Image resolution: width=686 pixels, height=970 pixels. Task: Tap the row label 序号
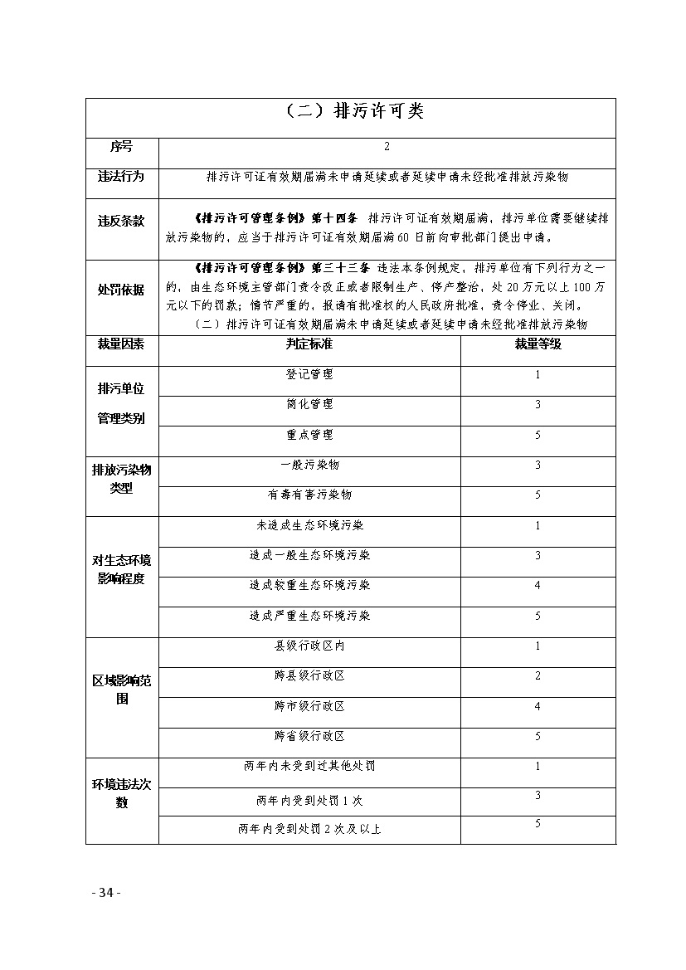pyautogui.click(x=121, y=147)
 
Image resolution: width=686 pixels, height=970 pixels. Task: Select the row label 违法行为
pyautogui.click(x=121, y=177)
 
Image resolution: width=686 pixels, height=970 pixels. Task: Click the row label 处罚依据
pyautogui.click(x=121, y=290)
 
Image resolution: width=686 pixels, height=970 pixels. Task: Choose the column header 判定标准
pyautogui.click(x=309, y=344)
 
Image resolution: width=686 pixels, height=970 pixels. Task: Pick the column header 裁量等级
pyautogui.click(x=538, y=344)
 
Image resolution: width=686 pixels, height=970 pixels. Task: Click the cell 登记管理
pyautogui.click(x=309, y=374)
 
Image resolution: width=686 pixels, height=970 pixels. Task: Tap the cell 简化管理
pyautogui.click(x=309, y=404)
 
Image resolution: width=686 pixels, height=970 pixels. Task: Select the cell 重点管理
pyautogui.click(x=309, y=435)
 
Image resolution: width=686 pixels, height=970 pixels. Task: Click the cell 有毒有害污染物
pyautogui.click(x=309, y=495)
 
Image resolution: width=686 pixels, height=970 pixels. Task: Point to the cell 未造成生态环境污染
pyautogui.click(x=309, y=525)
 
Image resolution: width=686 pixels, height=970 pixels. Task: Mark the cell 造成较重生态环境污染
pyautogui.click(x=309, y=585)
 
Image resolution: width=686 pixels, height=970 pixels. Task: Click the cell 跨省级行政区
pyautogui.click(x=309, y=736)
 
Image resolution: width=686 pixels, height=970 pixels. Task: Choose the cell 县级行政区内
pyautogui.click(x=309, y=646)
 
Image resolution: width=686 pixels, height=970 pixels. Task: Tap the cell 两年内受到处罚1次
pyautogui.click(x=309, y=801)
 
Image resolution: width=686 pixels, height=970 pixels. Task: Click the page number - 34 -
pyautogui.click(x=106, y=893)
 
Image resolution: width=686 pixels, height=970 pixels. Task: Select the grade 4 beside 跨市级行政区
pyautogui.click(x=538, y=706)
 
